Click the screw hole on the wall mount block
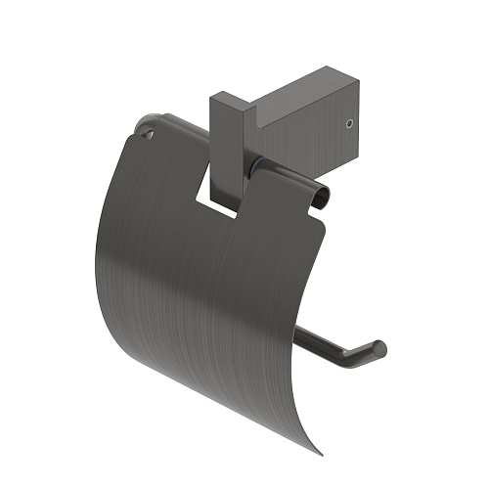350,124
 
